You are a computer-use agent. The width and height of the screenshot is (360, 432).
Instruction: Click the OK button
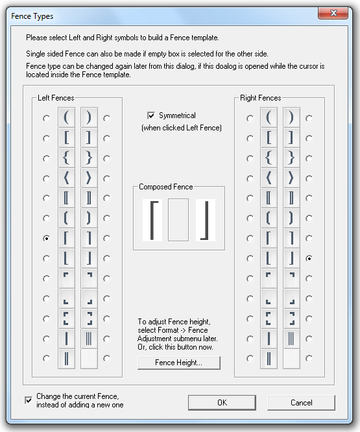tap(222, 403)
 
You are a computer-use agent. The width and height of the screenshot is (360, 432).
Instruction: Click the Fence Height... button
tap(179, 363)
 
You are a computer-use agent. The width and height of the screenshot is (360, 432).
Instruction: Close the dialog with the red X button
tap(333, 13)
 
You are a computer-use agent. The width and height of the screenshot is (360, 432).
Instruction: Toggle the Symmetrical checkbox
tap(151, 115)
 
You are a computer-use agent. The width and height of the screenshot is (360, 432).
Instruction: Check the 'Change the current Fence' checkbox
tap(29, 400)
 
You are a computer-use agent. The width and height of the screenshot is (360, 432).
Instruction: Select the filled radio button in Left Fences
tap(47, 238)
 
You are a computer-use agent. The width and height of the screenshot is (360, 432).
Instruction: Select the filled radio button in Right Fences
tap(309, 258)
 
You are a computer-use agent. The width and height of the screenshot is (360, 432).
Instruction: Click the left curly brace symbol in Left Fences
tap(66, 158)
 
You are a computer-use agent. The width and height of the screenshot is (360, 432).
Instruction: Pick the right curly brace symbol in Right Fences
tap(291, 158)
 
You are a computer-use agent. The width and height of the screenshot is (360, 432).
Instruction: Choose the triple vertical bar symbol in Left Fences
tap(89, 339)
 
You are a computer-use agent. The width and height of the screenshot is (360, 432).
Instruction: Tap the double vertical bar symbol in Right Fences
tap(269, 359)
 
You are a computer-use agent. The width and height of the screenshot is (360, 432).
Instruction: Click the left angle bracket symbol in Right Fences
tap(269, 178)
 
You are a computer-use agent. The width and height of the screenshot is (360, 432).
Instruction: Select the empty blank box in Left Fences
tap(89, 359)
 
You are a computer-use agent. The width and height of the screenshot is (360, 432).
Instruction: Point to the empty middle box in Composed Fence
tap(178, 220)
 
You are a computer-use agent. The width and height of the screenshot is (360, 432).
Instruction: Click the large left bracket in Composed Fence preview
tap(151, 220)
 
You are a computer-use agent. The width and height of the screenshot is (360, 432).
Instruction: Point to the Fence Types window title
tap(32, 16)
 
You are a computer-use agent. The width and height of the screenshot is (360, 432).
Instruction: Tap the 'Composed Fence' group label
tap(166, 187)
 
